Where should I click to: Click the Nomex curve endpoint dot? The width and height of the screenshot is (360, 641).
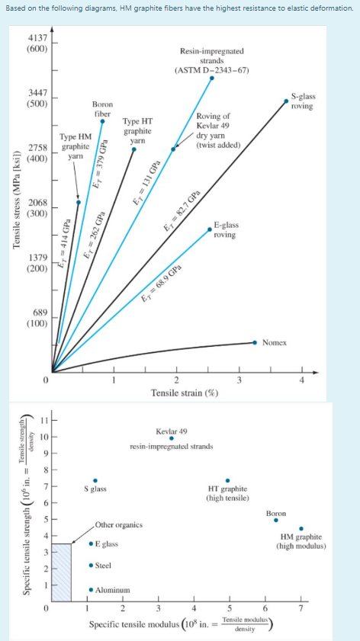click(x=255, y=343)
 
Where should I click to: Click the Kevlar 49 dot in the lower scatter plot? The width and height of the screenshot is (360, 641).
click(x=171, y=438)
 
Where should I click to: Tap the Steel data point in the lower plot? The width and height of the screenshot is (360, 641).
click(x=91, y=566)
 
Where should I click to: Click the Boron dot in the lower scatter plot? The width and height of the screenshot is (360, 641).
click(x=276, y=521)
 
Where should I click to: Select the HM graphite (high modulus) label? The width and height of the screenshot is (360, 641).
click(x=301, y=542)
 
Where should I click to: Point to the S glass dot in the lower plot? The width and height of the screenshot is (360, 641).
click(x=95, y=480)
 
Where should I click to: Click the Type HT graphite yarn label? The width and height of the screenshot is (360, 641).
click(x=138, y=130)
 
